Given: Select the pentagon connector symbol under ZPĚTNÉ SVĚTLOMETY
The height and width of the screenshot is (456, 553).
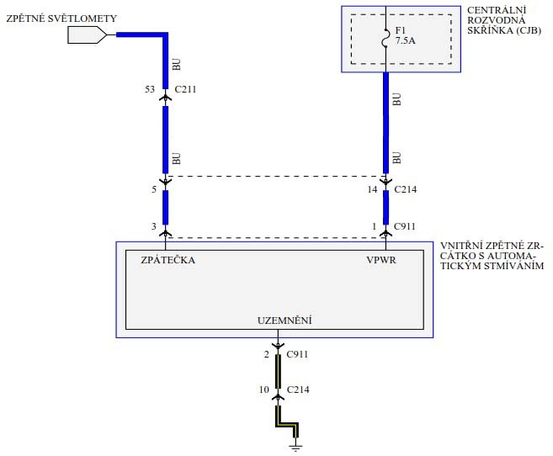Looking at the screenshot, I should point(87,34).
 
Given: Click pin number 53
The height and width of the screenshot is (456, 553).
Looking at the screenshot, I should point(150,87).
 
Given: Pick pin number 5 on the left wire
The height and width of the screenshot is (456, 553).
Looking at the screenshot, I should point(153,189).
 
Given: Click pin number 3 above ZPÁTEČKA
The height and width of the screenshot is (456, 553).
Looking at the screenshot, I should point(153,227).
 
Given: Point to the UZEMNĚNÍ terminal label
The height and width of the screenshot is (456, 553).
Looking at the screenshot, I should point(285,320).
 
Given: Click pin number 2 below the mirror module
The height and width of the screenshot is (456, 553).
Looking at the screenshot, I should point(266,354).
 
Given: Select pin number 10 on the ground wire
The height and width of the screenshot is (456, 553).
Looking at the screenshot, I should point(263,390).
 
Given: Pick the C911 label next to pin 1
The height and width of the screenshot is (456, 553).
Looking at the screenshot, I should point(404,227).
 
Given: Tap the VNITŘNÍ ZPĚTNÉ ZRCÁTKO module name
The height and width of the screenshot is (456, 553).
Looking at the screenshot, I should point(492,255).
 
